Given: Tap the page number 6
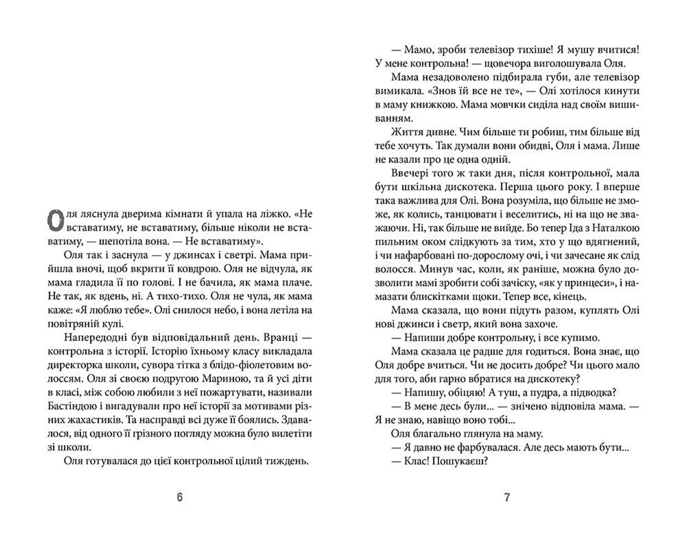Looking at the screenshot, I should tap(180, 497).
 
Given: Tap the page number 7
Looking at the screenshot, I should tap(507, 497).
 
